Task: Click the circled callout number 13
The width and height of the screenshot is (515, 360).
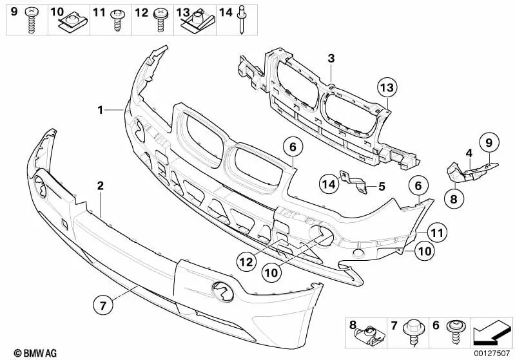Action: [387, 88]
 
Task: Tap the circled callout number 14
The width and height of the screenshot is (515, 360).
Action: [329, 184]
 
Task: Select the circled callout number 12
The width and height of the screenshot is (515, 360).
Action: [246, 261]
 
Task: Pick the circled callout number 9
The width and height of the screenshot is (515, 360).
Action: [489, 143]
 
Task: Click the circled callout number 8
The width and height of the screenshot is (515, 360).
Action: [454, 198]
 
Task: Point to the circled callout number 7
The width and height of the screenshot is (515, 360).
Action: [103, 305]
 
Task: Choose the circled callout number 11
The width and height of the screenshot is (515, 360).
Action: [437, 232]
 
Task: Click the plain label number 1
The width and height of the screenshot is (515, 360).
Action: [101, 110]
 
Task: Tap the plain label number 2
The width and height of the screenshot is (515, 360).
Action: [100, 185]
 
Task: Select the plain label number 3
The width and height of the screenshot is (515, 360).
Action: [331, 59]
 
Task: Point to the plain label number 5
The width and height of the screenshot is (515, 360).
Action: [382, 186]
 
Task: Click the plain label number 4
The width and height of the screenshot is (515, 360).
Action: [469, 153]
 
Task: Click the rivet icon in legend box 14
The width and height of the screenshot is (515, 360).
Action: [242, 20]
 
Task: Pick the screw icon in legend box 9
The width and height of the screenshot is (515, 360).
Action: [31, 21]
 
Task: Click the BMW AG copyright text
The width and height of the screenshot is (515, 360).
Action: [35, 353]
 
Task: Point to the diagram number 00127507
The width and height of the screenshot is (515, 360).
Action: [491, 354]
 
